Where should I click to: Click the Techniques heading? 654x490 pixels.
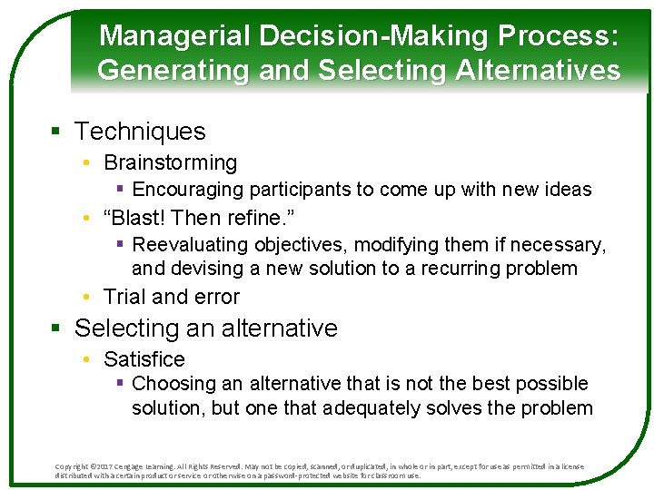coord(140,132)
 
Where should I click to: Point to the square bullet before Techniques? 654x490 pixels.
coord(55,132)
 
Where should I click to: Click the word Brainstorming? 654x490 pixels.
coord(170,163)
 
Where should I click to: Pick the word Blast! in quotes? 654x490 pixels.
coord(136,218)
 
